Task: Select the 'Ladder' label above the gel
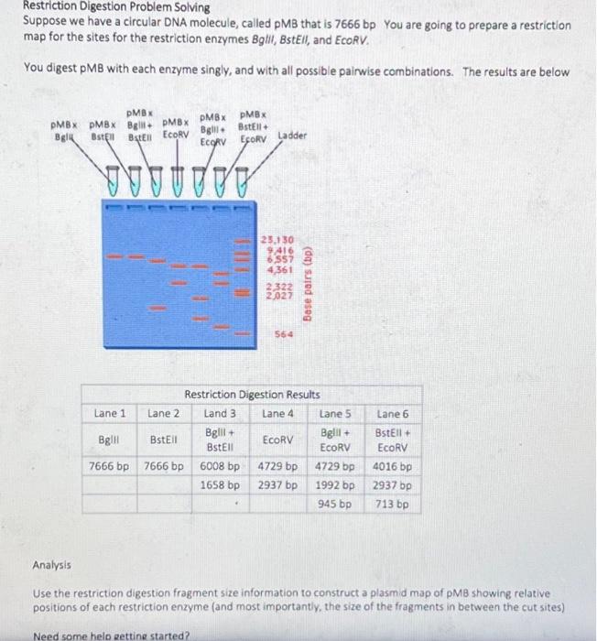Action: click(294, 136)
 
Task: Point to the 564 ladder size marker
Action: click(280, 335)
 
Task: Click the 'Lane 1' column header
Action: click(111, 414)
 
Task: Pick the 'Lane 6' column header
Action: click(393, 414)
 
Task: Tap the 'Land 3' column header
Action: click(221, 414)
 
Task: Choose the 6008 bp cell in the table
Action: click(221, 465)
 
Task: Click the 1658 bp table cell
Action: click(221, 484)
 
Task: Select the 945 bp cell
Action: click(335, 504)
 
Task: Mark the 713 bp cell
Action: click(393, 504)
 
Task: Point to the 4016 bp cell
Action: click(393, 465)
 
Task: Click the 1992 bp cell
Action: click(335, 484)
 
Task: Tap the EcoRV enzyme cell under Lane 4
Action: click(277, 440)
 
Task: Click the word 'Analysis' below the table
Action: click(51, 566)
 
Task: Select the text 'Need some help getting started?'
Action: click(109, 636)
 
